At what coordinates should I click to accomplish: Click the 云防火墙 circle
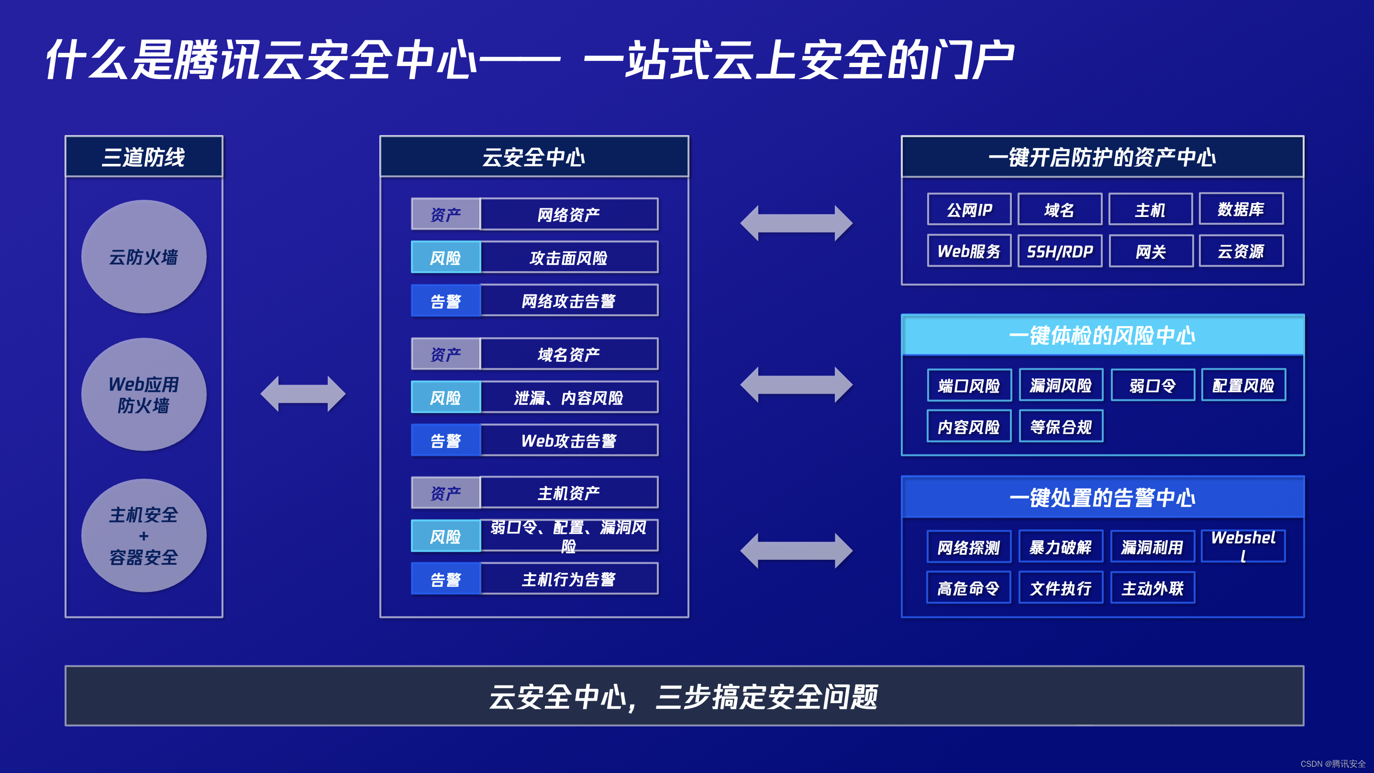[144, 257]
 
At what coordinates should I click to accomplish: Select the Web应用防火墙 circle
[144, 395]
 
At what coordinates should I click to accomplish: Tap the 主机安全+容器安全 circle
[144, 535]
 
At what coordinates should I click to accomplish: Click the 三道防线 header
[144, 157]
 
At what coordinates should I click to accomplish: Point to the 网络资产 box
[569, 214]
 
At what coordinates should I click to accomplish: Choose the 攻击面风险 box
[569, 257]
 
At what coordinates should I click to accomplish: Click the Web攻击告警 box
[569, 441]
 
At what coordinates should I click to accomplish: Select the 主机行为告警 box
[569, 579]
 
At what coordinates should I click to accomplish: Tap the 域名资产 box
[569, 354]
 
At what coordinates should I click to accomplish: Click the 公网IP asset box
[969, 209]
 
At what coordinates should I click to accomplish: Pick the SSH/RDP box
[1060, 251]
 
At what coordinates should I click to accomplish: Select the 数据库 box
[1241, 209]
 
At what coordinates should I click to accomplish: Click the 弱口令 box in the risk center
[1152, 385]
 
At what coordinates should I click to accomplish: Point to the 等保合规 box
[1061, 426]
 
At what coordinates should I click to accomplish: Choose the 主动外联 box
[1152, 588]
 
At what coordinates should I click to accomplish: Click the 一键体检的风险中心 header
[1103, 335]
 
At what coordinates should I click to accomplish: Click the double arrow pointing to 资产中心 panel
[797, 223]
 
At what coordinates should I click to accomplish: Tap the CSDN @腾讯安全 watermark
[1333, 764]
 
